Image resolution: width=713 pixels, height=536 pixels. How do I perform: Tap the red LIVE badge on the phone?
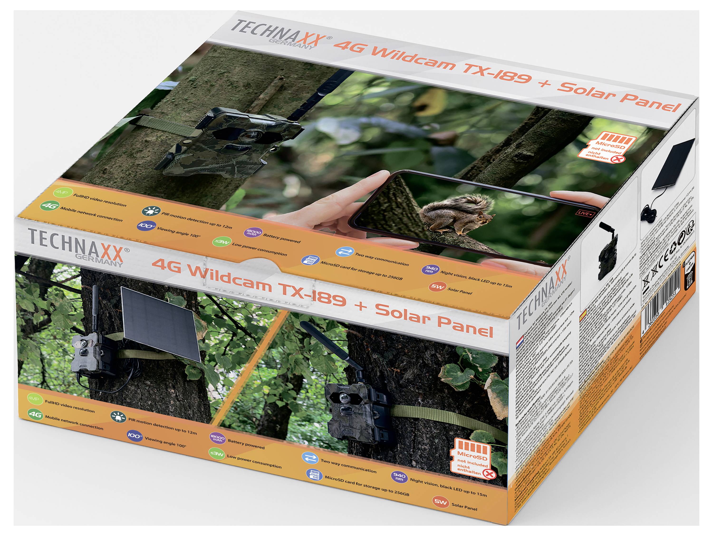tap(584, 213)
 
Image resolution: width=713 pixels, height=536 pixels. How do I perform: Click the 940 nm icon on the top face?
tap(431, 269)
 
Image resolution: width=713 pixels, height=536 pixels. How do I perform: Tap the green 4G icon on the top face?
tap(50, 206)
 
